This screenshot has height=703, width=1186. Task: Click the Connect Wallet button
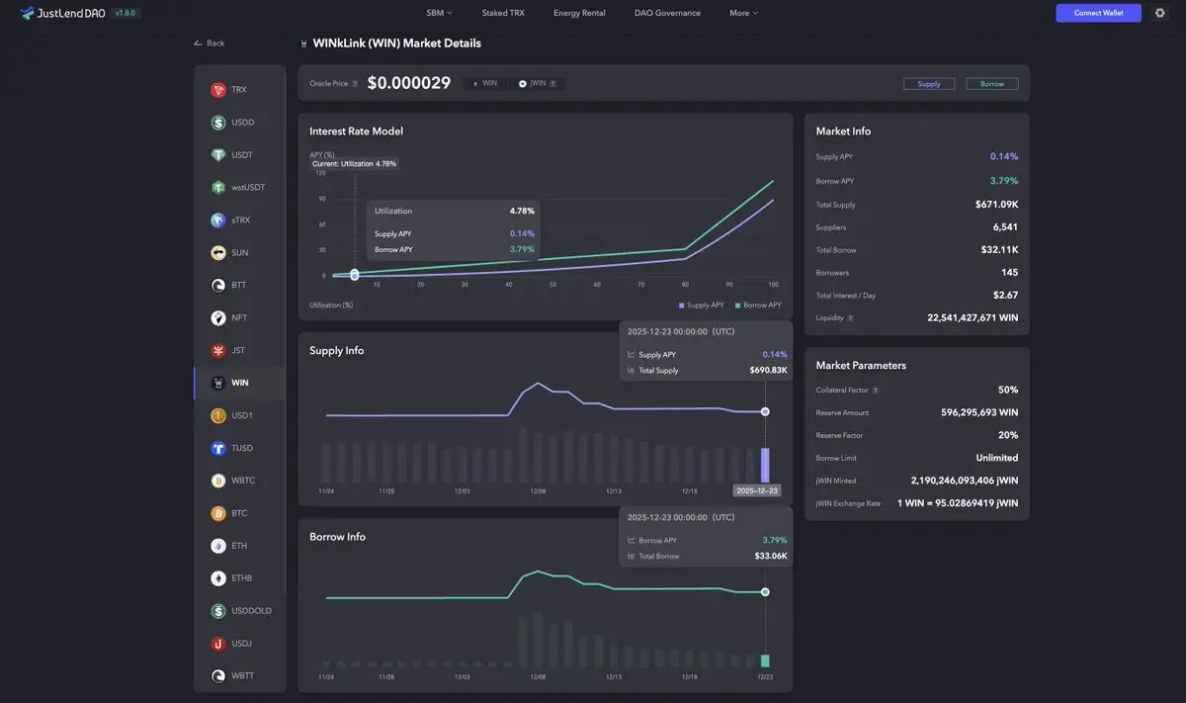pos(1098,13)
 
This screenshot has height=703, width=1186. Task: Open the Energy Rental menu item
pos(579,13)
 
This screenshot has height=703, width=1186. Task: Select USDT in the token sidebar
pos(242,155)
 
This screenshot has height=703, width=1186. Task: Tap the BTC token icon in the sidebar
pos(218,513)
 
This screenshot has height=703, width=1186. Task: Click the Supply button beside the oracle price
pos(929,84)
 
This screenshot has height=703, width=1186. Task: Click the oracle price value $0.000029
pos(408,84)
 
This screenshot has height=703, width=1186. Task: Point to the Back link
pos(210,44)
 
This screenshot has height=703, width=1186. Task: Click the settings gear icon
pos(1160,13)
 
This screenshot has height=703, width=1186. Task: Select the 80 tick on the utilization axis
pos(685,285)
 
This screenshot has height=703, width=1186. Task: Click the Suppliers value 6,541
pos(1005,227)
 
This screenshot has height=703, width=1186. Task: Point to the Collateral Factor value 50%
pos(1008,391)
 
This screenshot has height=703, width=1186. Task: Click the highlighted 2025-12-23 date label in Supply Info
pos(757,490)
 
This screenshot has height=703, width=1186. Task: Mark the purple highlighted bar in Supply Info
pos(765,465)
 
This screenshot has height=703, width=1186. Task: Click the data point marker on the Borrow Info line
pos(765,592)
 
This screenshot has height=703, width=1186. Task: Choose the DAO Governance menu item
pos(667,13)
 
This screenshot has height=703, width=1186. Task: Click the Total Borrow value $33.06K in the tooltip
pos(771,557)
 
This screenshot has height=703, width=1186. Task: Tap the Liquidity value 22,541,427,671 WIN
pos(973,318)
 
